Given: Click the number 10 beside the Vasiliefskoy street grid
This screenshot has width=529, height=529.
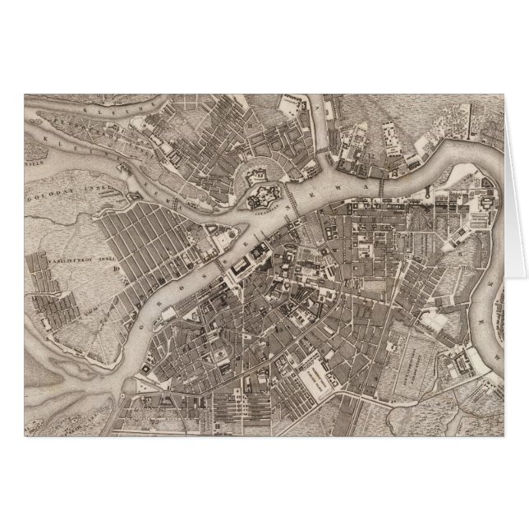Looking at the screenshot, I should (x=118, y=264).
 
